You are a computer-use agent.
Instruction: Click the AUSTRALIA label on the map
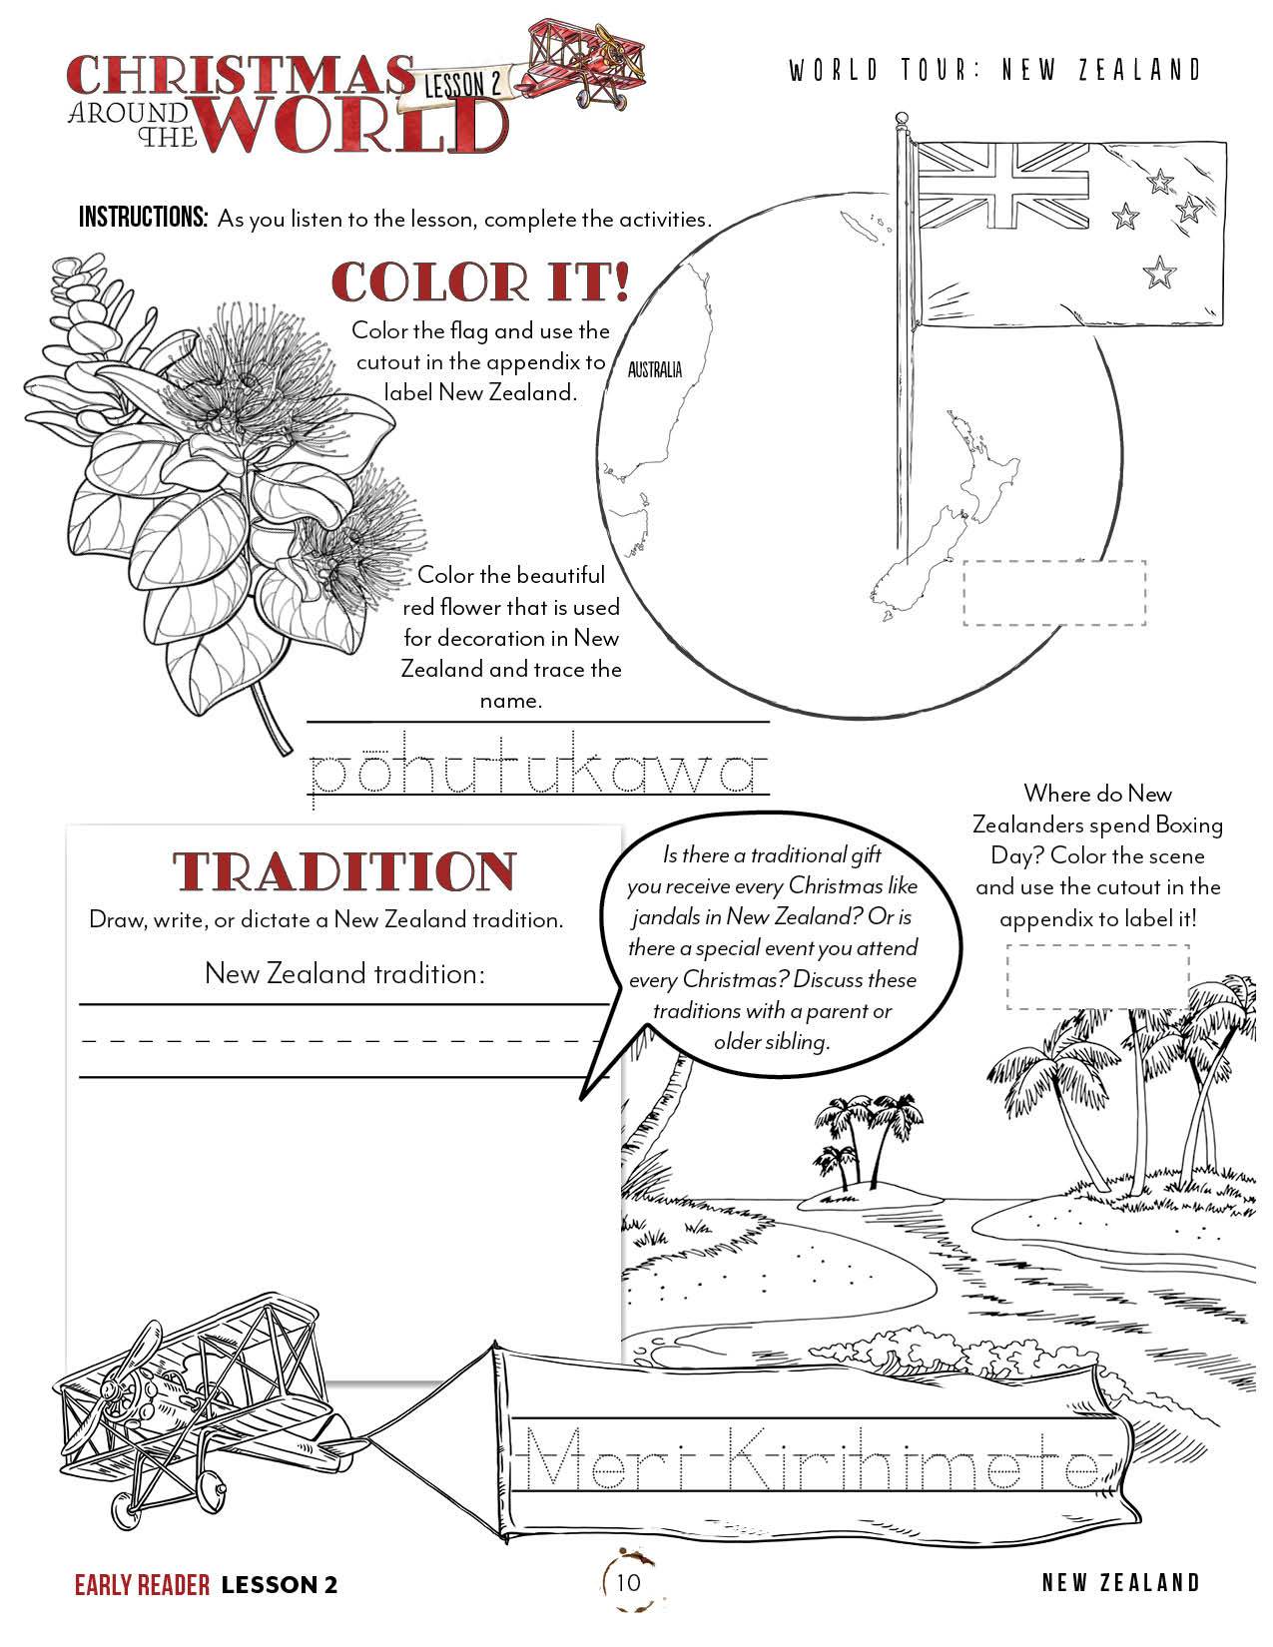pyautogui.click(x=655, y=370)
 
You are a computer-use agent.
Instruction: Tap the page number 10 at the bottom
pyautogui.click(x=628, y=1582)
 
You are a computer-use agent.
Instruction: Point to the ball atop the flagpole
pyautogui.click(x=903, y=120)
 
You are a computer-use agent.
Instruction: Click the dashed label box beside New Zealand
pyautogui.click(x=1054, y=593)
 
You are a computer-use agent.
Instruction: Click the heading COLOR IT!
pyautogui.click(x=480, y=282)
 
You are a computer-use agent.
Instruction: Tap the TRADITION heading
pyautogui.click(x=345, y=871)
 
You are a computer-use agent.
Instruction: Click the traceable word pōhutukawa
pyautogui.click(x=539, y=773)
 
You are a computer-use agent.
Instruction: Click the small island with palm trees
pyautogui.click(x=848, y=1178)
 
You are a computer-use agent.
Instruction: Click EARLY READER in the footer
pyautogui.click(x=142, y=1584)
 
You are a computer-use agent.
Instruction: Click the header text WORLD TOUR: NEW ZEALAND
pyautogui.click(x=994, y=70)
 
